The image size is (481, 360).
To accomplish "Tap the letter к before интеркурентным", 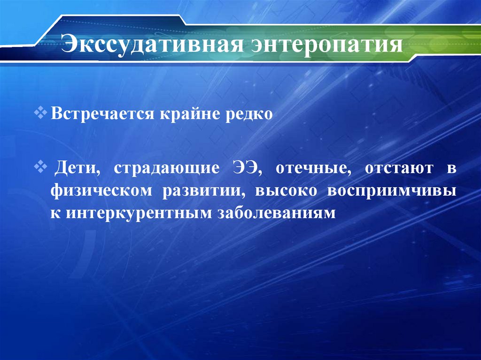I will click(56, 213).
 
